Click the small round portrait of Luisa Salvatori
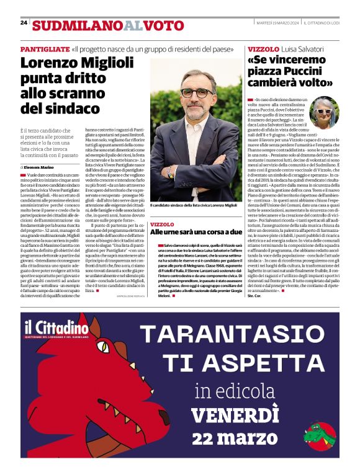point(323,112)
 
